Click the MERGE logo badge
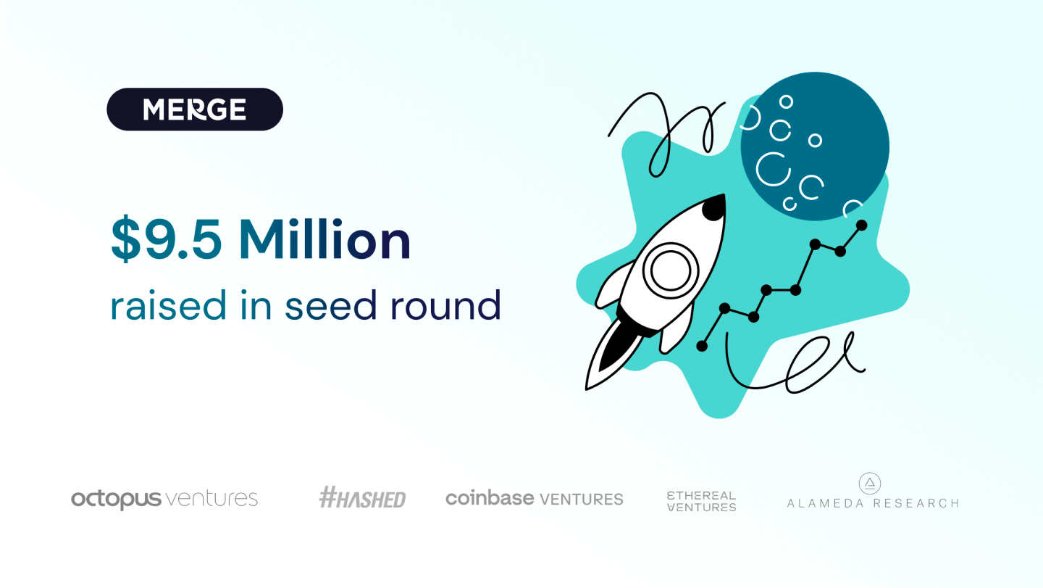(195, 109)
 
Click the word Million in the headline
(324, 239)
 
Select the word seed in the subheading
(330, 305)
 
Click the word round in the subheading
(445, 305)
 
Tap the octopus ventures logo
(164, 500)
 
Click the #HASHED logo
(362, 497)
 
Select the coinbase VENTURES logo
(534, 499)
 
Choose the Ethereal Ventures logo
(702, 501)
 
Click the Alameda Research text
(873, 503)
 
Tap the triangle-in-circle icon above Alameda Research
(870, 484)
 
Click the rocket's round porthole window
(671, 270)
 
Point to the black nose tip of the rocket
(715, 207)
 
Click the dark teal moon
(815, 146)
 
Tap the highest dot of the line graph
(861, 225)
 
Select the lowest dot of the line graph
(702, 346)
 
